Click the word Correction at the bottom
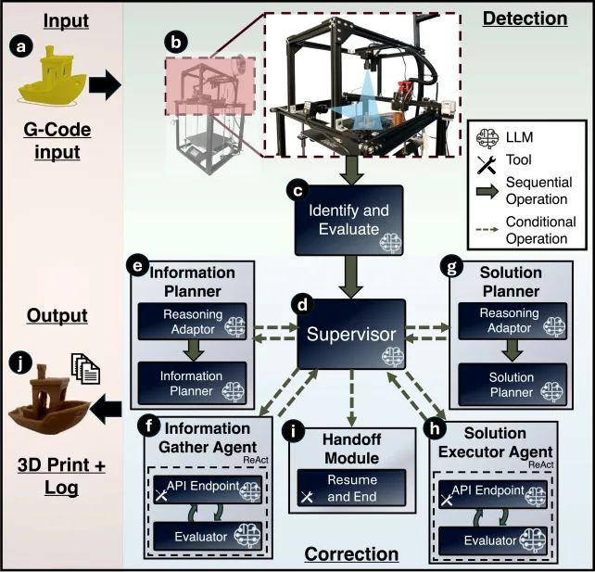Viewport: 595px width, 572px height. tap(351, 554)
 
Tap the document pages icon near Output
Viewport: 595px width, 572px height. tap(88, 369)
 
